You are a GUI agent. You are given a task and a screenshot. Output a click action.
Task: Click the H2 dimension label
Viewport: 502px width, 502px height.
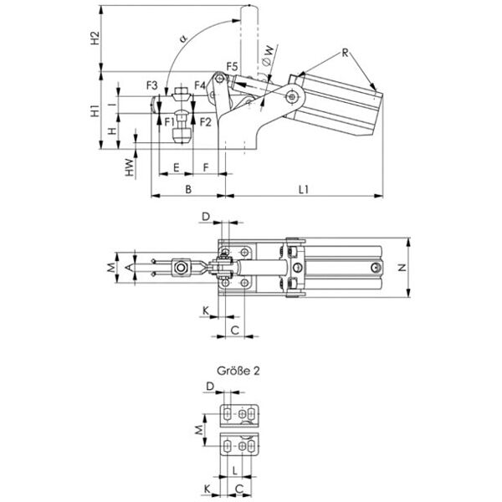click(95, 38)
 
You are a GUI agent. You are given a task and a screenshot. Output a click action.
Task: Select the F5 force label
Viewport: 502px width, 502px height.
click(233, 65)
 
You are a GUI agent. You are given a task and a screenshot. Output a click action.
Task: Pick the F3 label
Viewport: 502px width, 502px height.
click(152, 85)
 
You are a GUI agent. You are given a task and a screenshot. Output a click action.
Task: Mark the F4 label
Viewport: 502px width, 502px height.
click(200, 85)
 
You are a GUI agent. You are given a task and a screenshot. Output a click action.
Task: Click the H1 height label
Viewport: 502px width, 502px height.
click(95, 111)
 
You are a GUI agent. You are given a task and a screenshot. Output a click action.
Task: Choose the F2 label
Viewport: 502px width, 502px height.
click(206, 122)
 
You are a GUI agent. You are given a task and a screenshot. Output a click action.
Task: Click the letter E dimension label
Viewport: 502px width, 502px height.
click(176, 167)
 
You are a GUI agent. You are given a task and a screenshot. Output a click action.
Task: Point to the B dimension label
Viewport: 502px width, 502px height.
click(188, 190)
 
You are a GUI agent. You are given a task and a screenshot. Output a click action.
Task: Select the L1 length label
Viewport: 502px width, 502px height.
click(304, 190)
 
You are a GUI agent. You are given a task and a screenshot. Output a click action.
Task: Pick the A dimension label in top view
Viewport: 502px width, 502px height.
click(128, 268)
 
